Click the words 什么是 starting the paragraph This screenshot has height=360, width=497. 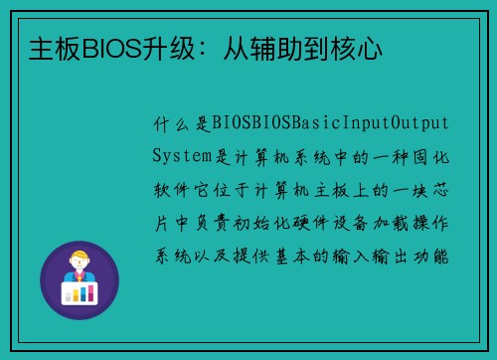177,124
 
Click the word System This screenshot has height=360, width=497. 182,156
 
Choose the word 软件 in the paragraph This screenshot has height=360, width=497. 166,189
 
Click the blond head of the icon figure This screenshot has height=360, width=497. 79,259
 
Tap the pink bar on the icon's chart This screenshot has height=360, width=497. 71,292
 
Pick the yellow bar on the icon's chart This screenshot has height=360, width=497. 79,290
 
